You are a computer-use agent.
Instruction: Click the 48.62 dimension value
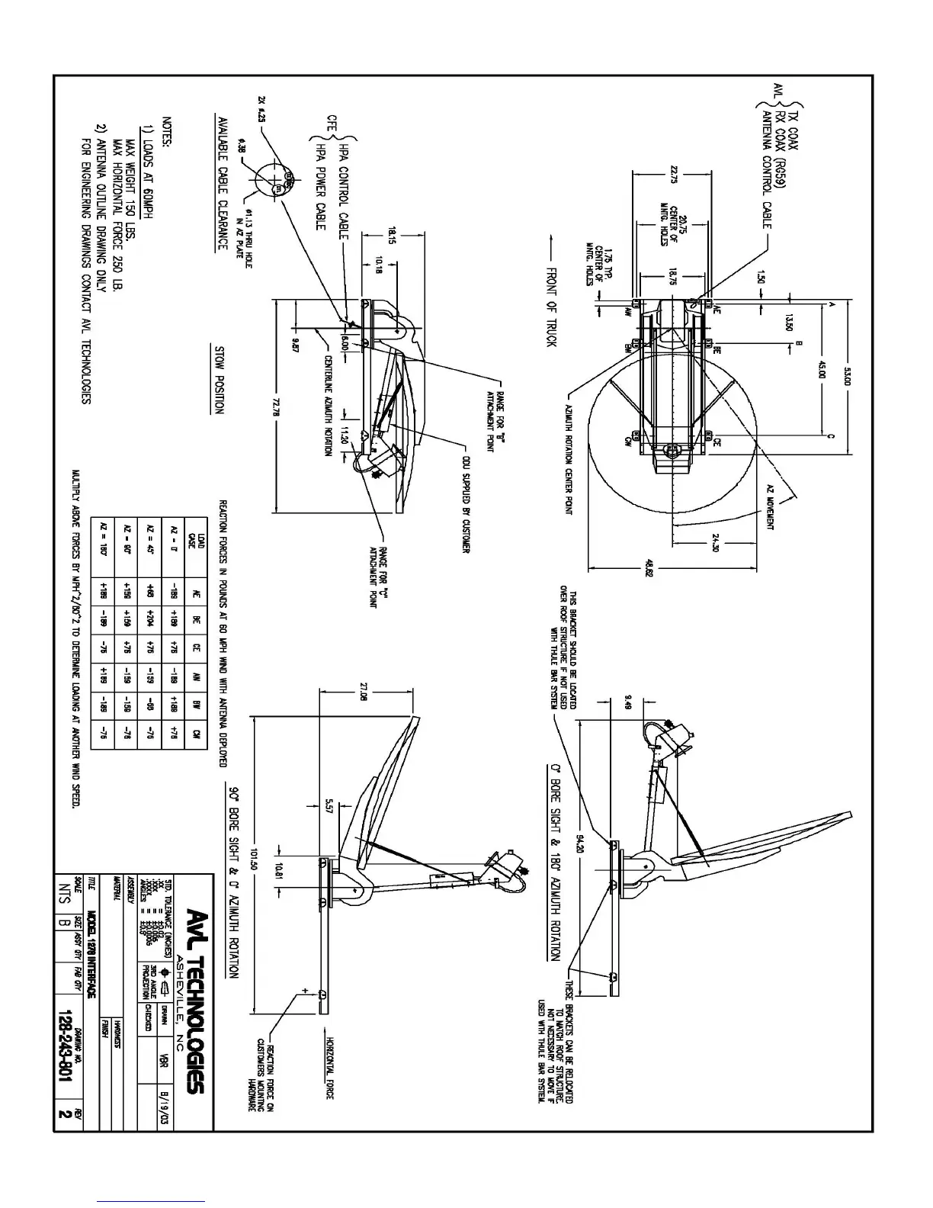pyautogui.click(x=649, y=569)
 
